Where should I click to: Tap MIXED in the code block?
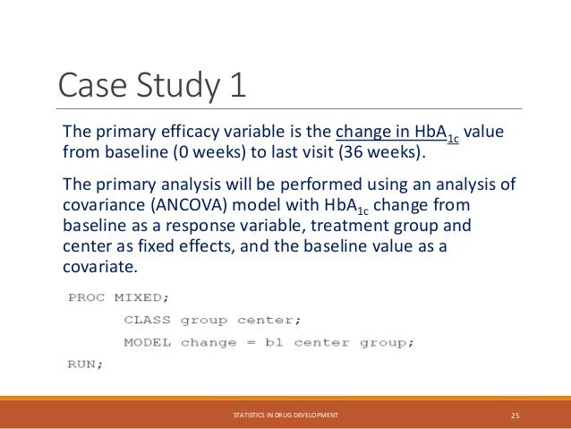132,297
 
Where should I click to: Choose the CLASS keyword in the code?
147,320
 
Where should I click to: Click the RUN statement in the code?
85,364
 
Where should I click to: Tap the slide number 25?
515,415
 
